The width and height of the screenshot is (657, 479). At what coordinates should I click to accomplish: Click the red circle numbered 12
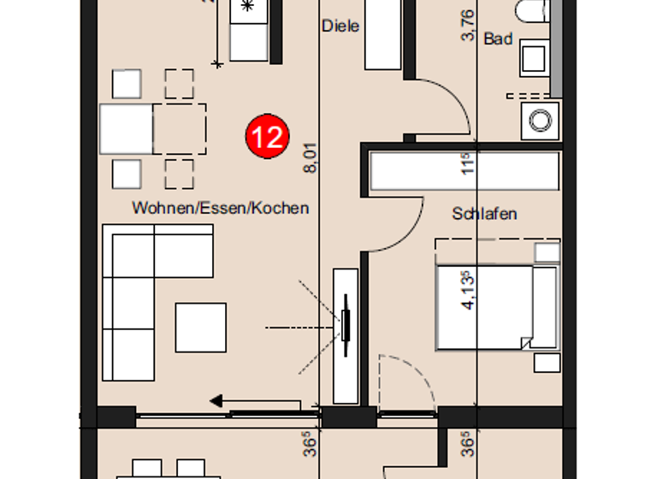point(268,137)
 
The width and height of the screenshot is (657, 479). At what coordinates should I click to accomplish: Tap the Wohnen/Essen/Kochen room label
point(220,208)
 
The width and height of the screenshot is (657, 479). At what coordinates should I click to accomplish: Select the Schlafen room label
point(484,214)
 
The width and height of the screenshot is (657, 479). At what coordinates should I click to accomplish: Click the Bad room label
point(498,38)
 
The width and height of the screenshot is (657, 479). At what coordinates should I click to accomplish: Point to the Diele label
point(340,26)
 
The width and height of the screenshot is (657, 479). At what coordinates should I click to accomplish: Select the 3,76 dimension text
point(467,25)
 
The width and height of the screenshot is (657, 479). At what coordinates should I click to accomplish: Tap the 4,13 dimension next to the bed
point(467,291)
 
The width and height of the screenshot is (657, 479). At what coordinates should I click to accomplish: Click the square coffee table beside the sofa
point(201,328)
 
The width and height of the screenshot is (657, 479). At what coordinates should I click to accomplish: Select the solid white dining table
point(127,128)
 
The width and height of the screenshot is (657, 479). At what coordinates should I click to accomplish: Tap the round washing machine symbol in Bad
point(541,121)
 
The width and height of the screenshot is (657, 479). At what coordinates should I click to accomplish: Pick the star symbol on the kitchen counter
point(248,7)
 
